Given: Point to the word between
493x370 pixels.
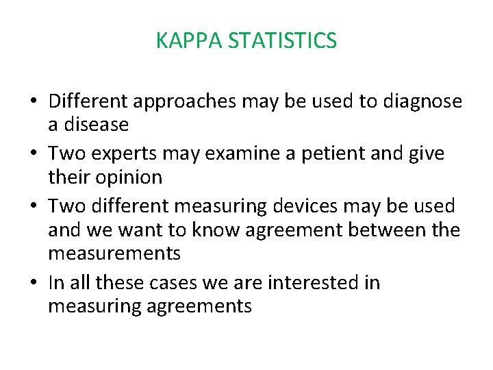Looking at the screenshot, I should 385,230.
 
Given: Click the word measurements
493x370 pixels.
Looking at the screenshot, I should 114,254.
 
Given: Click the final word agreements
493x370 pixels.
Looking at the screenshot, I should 199,306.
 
